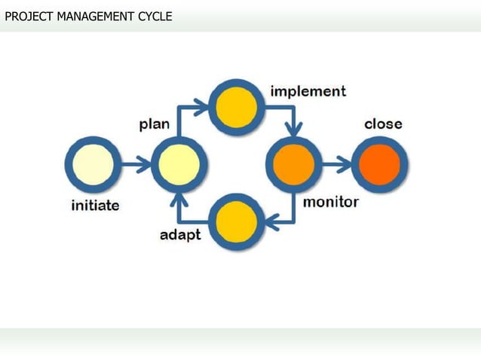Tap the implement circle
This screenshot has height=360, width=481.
point(237,107)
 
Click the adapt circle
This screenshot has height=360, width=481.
point(237,222)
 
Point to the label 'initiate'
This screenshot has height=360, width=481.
point(95,205)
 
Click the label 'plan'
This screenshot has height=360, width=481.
point(155,124)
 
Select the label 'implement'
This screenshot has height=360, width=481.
point(308,91)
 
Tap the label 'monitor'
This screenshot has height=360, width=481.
point(330,202)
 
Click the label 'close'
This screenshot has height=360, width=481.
point(383,124)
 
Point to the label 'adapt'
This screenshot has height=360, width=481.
point(180,235)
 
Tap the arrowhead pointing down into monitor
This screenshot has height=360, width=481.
point(294,129)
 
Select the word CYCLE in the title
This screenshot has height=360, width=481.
point(154,15)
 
